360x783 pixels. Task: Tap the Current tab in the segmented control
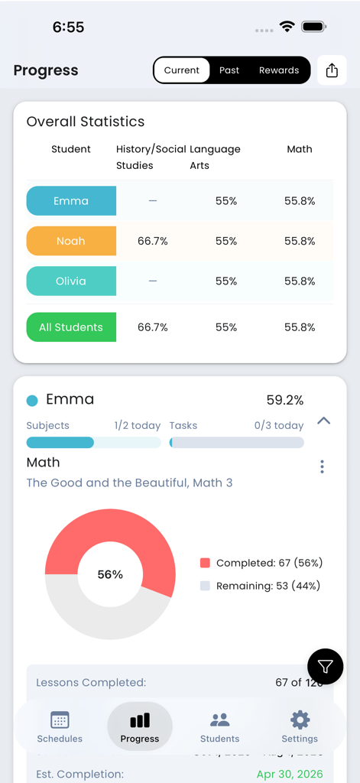(x=182, y=70)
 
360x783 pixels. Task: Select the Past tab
(x=229, y=70)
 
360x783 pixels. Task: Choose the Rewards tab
(x=279, y=70)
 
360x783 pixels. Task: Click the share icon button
(x=332, y=70)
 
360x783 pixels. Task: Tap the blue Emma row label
(x=71, y=201)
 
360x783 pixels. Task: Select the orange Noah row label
(x=71, y=241)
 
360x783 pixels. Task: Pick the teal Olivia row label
(x=71, y=281)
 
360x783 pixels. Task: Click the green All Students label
(x=71, y=327)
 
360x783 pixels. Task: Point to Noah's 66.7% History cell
(x=153, y=241)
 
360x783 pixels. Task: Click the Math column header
(x=300, y=149)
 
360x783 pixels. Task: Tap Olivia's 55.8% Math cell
(x=300, y=281)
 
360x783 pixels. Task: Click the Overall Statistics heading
(x=86, y=122)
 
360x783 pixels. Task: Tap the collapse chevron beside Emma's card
(x=324, y=421)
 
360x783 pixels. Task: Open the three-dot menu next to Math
(x=323, y=466)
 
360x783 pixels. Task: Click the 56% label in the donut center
(x=110, y=574)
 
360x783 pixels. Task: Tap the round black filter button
(x=326, y=667)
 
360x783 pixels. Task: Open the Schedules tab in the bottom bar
(x=60, y=726)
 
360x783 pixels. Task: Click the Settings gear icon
(x=300, y=720)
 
